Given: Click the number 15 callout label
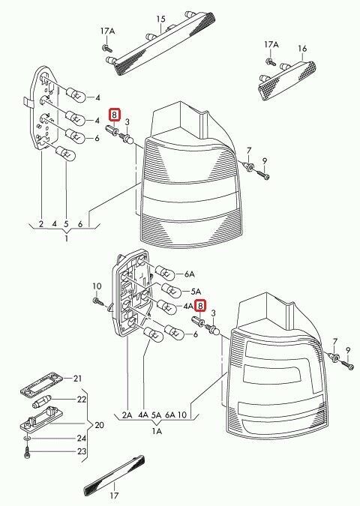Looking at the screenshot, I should (x=160, y=18).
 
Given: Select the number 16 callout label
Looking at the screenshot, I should (x=302, y=49).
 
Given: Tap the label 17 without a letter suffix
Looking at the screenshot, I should (x=114, y=496).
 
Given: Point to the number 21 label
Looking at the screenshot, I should (x=76, y=378).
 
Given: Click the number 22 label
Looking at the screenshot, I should (x=81, y=400).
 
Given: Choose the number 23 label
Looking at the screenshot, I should (x=82, y=451).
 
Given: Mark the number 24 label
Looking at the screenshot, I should (x=82, y=438).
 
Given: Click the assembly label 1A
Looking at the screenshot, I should (x=157, y=432).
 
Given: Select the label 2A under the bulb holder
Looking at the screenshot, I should (x=126, y=414).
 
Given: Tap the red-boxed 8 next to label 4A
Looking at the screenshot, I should (x=200, y=305).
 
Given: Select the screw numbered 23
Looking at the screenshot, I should (x=28, y=451).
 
